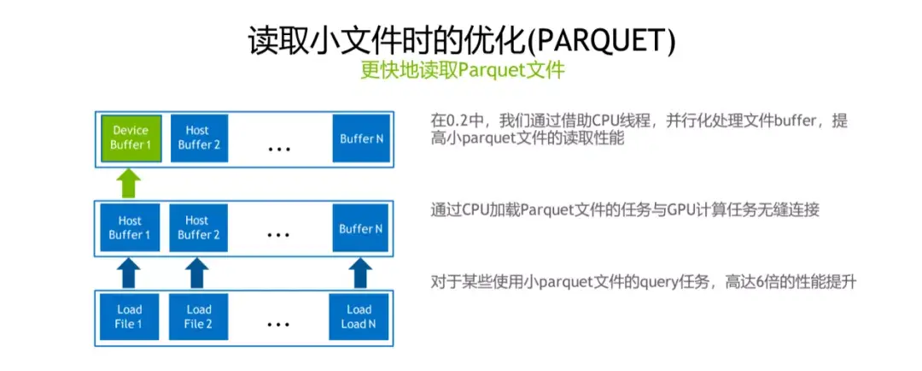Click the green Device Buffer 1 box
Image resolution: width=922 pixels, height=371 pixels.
[130, 138]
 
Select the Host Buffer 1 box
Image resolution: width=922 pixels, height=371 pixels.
[130, 228]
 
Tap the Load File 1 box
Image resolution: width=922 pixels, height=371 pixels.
[130, 316]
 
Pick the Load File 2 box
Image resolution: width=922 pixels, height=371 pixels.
[198, 316]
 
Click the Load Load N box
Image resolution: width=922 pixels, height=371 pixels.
[359, 316]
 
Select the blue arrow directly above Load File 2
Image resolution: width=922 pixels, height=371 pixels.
[198, 273]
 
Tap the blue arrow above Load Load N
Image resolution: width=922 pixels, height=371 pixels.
[359, 273]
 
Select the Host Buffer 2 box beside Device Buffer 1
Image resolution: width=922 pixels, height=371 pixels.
[198, 138]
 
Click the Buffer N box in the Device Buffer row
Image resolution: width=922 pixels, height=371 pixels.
[359, 138]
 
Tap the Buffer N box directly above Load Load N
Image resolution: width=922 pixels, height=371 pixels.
[359, 228]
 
